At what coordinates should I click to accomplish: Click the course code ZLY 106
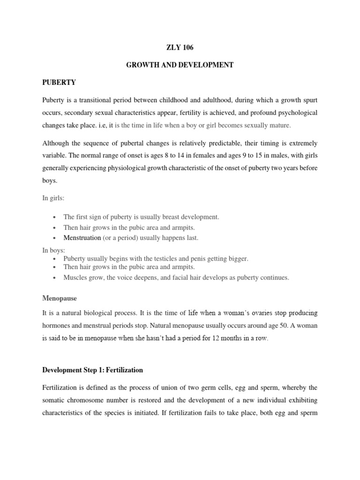(180, 47)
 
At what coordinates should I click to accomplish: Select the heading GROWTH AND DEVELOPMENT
(180, 65)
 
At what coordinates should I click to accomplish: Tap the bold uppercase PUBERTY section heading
(59, 82)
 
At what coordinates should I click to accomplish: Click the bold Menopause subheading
(60, 298)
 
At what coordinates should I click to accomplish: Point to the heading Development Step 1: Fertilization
(92, 370)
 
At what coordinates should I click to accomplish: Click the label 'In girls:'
(53, 198)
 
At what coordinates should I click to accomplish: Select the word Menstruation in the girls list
(82, 238)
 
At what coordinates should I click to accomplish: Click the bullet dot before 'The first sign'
(55, 217)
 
